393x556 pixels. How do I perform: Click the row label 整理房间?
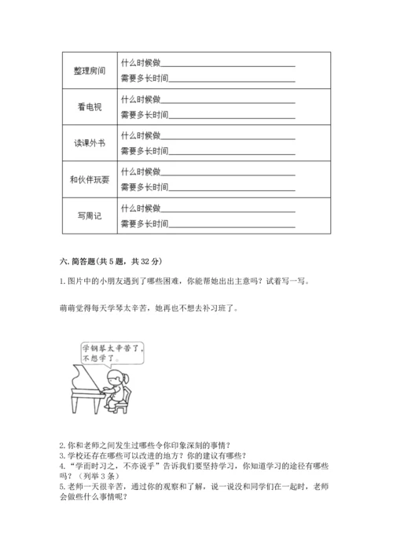(x=89, y=69)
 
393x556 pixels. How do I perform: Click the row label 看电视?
(x=89, y=106)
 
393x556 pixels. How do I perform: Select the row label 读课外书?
(x=89, y=143)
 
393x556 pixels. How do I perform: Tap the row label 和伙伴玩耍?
(x=89, y=180)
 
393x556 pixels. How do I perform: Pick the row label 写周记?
(x=89, y=216)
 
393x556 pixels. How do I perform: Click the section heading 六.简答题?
(x=110, y=262)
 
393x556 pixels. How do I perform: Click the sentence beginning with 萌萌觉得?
(x=148, y=308)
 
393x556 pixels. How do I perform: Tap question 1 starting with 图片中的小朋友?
(x=181, y=282)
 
